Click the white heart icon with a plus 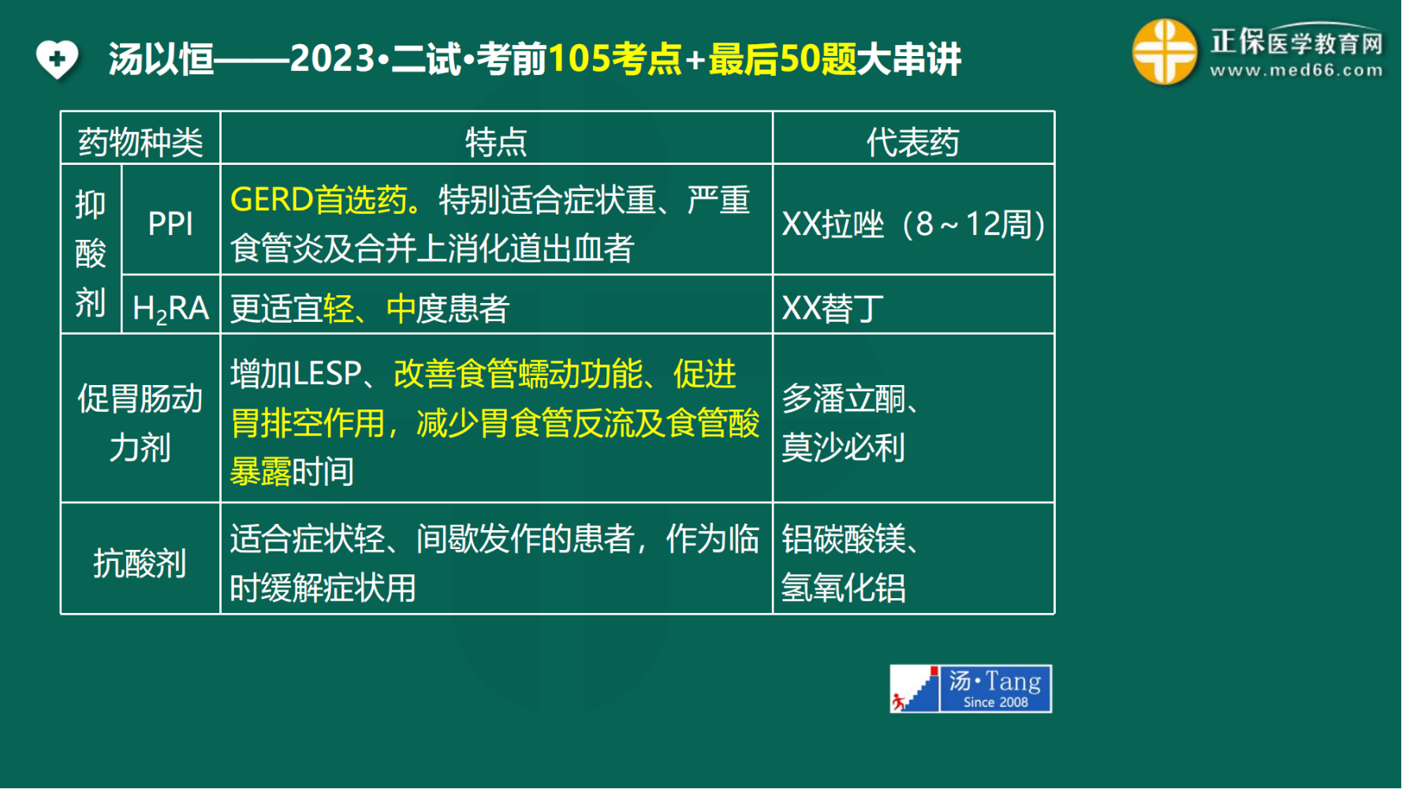57,59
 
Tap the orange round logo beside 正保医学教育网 1165,52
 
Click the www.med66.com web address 1296,70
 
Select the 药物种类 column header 140,142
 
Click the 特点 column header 496,142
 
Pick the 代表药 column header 913,142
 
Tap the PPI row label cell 170,224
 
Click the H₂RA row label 170,308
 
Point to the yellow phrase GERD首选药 319,200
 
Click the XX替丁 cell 833,308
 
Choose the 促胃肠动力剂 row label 140,423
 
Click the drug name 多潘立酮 844,398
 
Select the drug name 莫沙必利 844,447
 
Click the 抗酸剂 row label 140,563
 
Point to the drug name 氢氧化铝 844,588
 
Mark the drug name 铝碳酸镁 844,539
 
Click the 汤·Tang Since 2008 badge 971,689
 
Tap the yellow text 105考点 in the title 615,59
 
